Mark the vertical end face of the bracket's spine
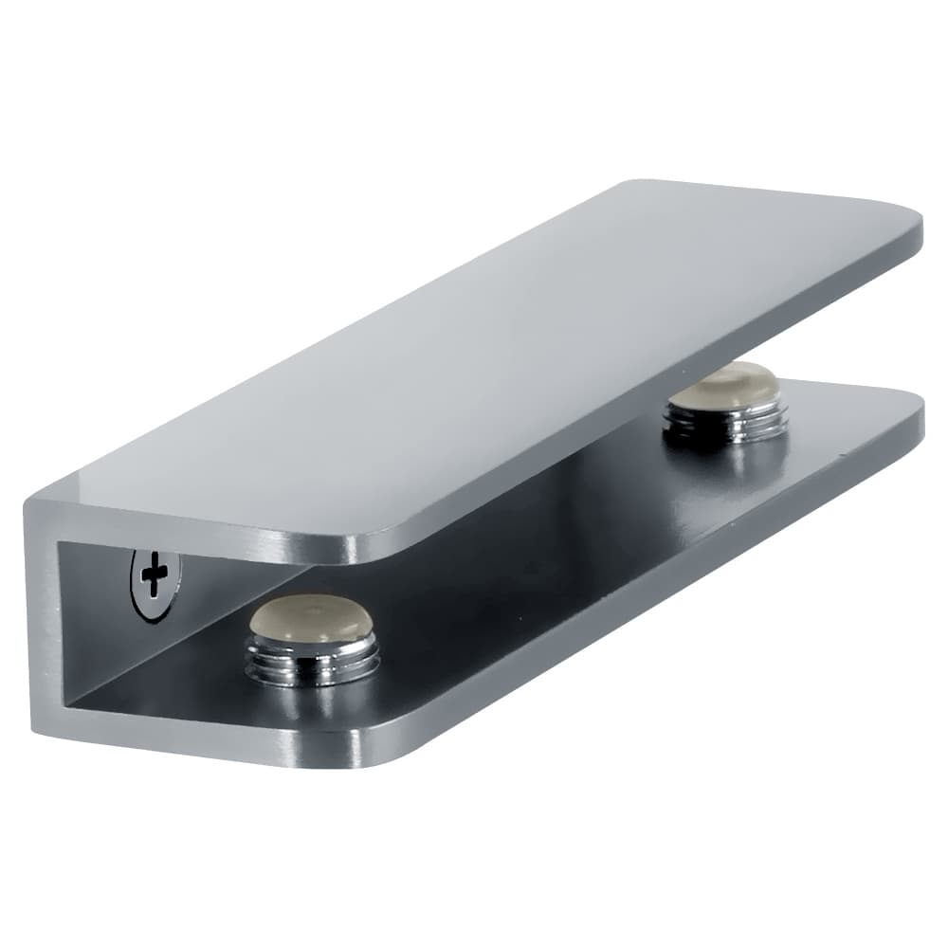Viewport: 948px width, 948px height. point(43,616)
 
